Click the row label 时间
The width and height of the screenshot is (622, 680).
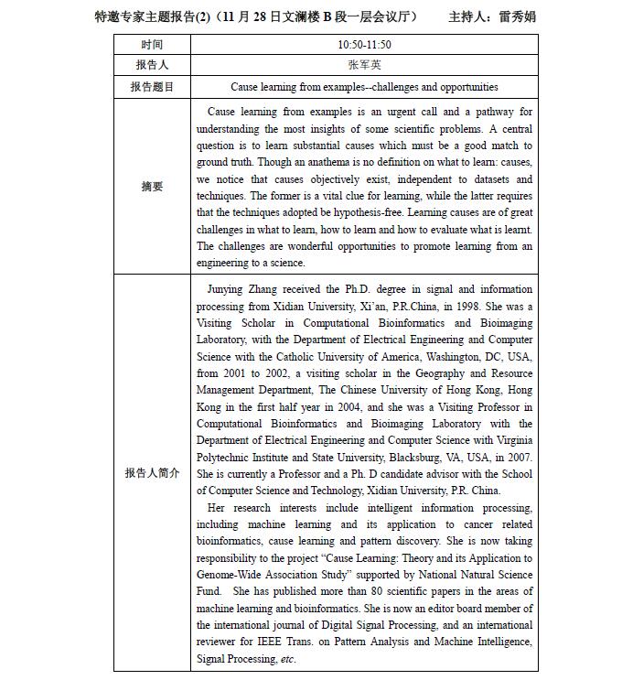(152, 44)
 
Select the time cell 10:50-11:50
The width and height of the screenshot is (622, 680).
(364, 44)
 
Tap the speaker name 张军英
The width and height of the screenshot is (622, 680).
(364, 65)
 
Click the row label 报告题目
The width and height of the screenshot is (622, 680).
(152, 87)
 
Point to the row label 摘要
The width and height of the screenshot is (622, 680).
(152, 187)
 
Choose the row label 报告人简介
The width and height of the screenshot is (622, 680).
(152, 473)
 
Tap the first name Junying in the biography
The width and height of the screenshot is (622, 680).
(229, 289)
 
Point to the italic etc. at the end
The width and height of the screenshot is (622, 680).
(288, 659)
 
